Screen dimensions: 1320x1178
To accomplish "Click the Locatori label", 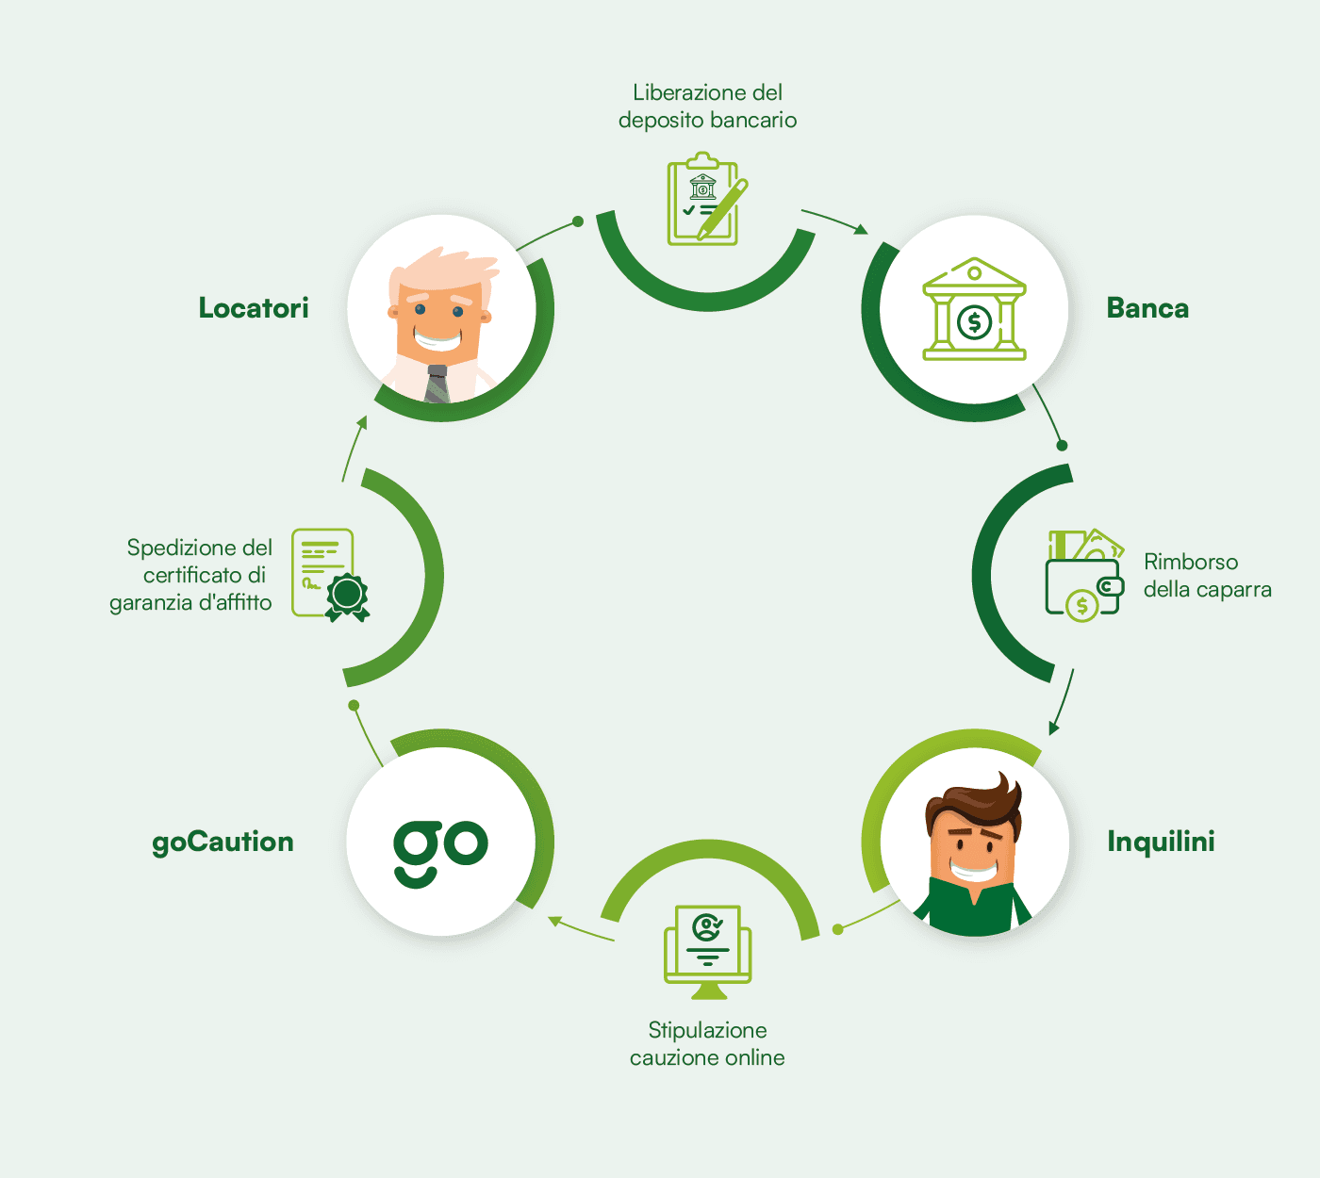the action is [x=254, y=308].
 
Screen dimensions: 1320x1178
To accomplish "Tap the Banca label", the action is [x=1147, y=308].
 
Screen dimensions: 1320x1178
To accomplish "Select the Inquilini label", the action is [x=1161, y=842].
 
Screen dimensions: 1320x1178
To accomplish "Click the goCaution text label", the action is [x=223, y=843].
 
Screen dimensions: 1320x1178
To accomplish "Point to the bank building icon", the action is [x=974, y=309].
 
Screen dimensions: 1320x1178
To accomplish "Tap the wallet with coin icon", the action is [x=1084, y=574].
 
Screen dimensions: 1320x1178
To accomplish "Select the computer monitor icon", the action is [x=707, y=952].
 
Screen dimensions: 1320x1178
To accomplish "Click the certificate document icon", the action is [x=330, y=574].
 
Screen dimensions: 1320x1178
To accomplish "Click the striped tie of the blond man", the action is [x=437, y=384].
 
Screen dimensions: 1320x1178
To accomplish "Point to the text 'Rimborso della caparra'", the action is [x=1207, y=576].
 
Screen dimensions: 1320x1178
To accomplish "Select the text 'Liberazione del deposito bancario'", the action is [x=707, y=106].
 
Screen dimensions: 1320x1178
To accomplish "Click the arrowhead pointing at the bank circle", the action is [x=862, y=229].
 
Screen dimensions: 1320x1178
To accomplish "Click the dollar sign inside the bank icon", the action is [x=974, y=322].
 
